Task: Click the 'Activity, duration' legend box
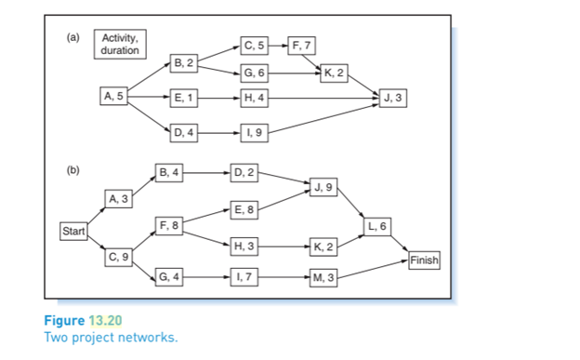pos(119,44)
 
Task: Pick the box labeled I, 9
pos(254,132)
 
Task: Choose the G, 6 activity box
pos(254,73)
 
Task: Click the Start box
pos(72,230)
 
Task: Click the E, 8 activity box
pos(245,210)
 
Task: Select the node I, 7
pos(246,277)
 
